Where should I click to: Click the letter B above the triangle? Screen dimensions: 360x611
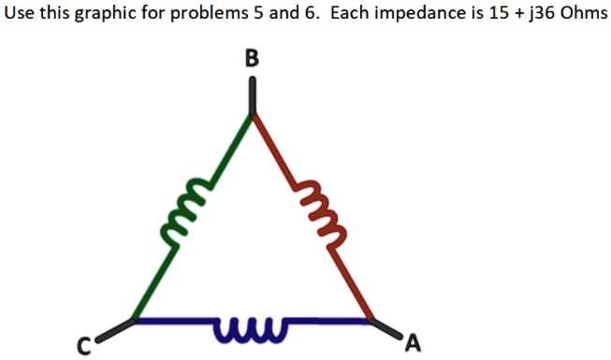click(x=251, y=59)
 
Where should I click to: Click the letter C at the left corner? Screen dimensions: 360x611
click(x=83, y=348)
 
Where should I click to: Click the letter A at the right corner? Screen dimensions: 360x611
click(x=412, y=344)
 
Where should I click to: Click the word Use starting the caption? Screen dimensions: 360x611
click(x=20, y=17)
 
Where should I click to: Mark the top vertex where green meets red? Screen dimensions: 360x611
click(x=252, y=115)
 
